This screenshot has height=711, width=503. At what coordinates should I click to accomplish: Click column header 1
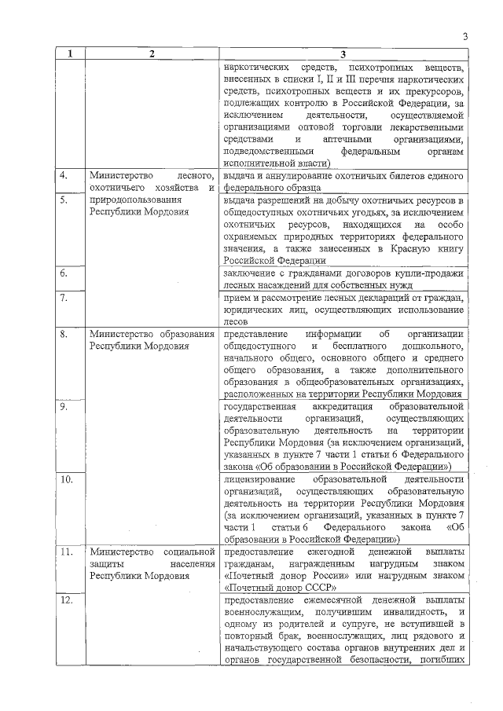tap(71, 54)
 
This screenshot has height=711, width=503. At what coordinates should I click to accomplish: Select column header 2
tap(152, 54)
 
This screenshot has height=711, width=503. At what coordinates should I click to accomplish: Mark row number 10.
tap(68, 478)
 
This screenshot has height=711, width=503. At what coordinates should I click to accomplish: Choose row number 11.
tap(68, 552)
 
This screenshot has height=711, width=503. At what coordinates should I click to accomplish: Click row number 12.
tap(68, 600)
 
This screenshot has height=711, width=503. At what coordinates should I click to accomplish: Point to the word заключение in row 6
tap(248, 273)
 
